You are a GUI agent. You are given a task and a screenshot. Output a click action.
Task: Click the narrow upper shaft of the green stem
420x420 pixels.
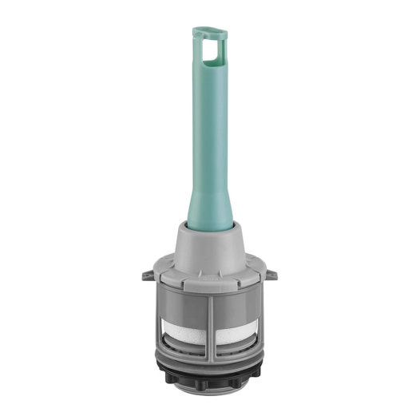208,120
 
